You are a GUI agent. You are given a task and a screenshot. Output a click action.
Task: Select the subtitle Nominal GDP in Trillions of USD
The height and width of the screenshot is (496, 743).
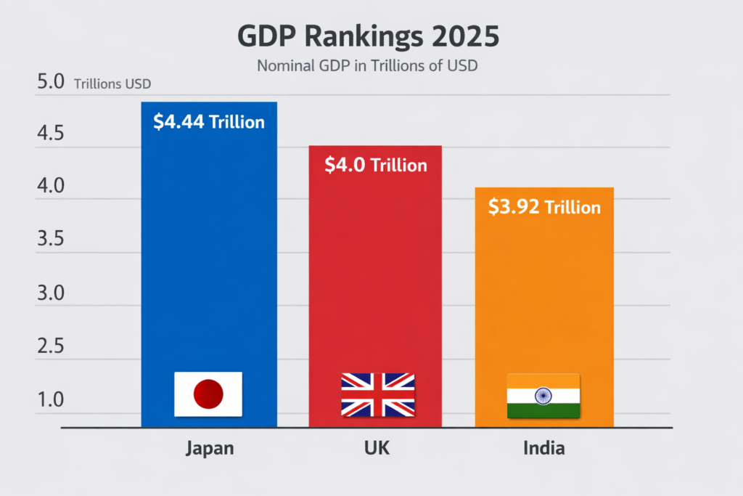coord(368,65)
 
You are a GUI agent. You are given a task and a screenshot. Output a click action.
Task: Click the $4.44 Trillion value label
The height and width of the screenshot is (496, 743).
coord(209,122)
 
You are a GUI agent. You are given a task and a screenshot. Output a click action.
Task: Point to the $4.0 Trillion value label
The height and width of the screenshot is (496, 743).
coord(375,166)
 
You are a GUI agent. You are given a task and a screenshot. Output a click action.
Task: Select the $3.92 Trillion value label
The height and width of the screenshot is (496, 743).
coord(544,208)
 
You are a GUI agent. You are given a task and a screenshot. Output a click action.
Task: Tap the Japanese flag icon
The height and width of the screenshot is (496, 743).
coord(208,394)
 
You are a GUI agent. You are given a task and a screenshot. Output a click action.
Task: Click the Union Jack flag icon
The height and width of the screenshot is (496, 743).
coord(378,395)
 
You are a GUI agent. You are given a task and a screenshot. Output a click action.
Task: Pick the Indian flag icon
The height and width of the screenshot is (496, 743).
coord(543,396)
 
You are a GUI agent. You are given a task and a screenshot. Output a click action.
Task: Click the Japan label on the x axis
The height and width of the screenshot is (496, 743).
coord(210,448)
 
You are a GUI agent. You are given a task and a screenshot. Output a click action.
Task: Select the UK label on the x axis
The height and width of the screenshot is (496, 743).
coord(376,448)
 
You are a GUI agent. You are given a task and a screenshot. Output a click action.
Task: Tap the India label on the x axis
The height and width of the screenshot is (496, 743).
coord(543,448)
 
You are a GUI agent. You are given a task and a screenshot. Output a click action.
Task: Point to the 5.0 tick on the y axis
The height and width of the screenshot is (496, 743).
coord(51,82)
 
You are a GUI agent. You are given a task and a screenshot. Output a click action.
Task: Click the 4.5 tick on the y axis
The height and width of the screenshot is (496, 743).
coord(51,134)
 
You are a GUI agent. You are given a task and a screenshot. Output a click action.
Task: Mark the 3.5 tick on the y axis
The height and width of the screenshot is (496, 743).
coord(51,240)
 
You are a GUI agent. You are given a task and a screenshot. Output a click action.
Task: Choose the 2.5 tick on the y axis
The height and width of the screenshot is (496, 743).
coord(51,346)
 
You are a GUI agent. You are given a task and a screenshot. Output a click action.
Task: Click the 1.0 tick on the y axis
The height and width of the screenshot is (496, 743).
coord(51,400)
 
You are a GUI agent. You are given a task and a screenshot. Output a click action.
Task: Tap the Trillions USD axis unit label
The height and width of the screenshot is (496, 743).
coord(112,84)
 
